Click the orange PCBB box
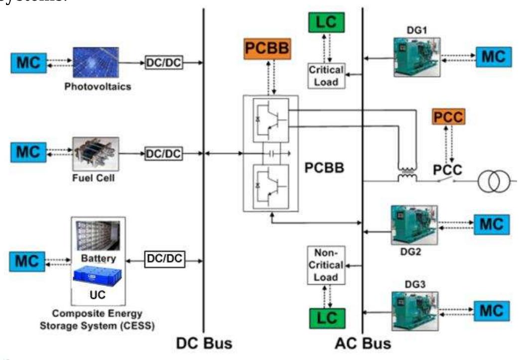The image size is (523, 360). point(267,49)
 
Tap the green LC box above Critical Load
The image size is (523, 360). point(326,22)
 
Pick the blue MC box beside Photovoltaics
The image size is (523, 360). point(28,63)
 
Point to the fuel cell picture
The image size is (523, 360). point(95,153)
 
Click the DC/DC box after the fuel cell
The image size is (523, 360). point(163,153)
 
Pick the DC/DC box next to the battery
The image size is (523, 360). point(163,259)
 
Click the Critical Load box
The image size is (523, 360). point(326,76)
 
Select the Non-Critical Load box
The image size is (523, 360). point(326,265)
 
